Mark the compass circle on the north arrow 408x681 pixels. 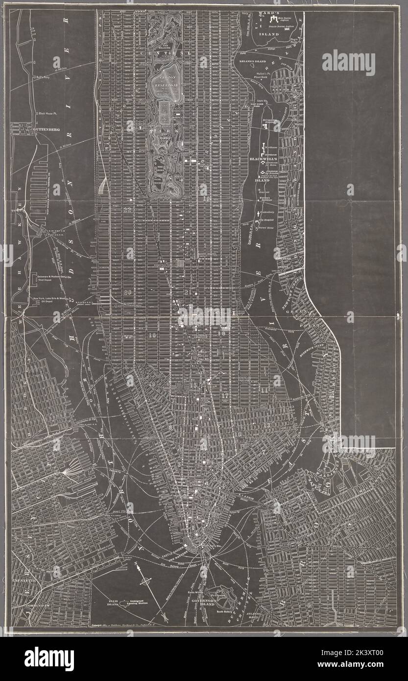coord(145,582)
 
